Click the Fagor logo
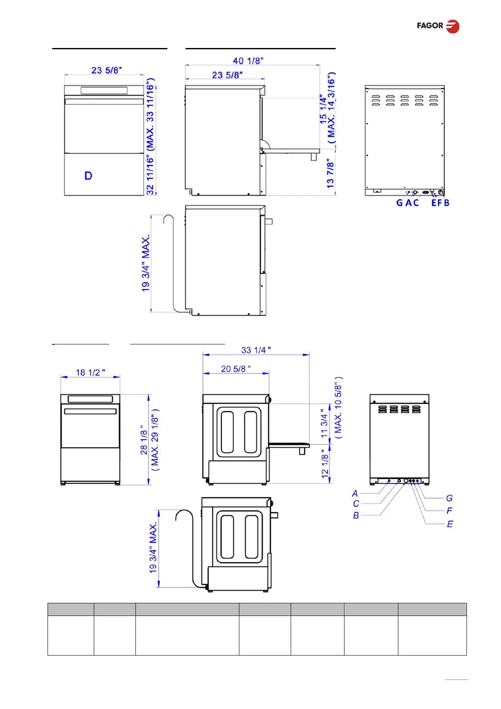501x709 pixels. pyautogui.click(x=438, y=26)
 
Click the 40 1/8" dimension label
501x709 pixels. pyautogui.click(x=248, y=61)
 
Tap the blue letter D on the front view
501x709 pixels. pyautogui.click(x=88, y=176)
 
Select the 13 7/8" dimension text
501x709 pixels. pyautogui.click(x=330, y=174)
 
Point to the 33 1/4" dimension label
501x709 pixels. pyautogui.click(x=256, y=350)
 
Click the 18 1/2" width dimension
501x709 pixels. pyautogui.click(x=90, y=373)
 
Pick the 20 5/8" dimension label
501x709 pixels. pyautogui.click(x=236, y=369)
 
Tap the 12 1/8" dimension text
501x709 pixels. pyautogui.click(x=325, y=464)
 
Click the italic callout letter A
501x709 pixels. pyautogui.click(x=355, y=493)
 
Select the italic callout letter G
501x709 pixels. pyautogui.click(x=449, y=498)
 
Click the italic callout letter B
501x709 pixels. pyautogui.click(x=356, y=516)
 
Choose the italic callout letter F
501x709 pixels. pyautogui.click(x=449, y=511)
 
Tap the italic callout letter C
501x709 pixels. pyautogui.click(x=356, y=504)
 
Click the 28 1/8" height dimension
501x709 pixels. pyautogui.click(x=144, y=440)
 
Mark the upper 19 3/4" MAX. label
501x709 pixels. pyautogui.click(x=146, y=263)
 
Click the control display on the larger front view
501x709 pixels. pyautogui.click(x=104, y=91)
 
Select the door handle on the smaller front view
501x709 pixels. pyautogui.click(x=90, y=411)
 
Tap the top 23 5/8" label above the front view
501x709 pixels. pyautogui.click(x=106, y=70)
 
